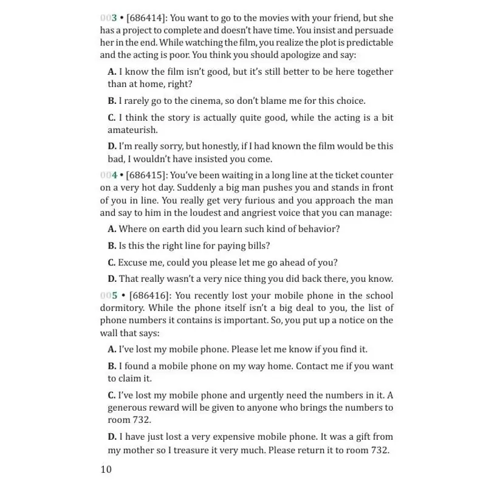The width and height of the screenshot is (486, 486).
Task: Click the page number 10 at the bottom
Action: point(106,469)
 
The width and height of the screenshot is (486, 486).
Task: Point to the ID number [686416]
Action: point(151,295)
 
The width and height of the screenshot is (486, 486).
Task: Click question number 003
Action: point(109,18)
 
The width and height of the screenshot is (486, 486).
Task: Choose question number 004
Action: point(109,175)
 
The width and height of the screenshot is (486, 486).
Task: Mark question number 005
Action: point(109,295)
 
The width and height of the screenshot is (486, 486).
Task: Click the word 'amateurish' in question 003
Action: point(132,129)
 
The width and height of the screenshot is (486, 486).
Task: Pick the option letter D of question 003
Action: point(112,146)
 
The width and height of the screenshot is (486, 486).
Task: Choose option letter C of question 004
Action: point(112,262)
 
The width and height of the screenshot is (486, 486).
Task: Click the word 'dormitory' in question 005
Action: point(122,308)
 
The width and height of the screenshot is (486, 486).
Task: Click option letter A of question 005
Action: point(112,349)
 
